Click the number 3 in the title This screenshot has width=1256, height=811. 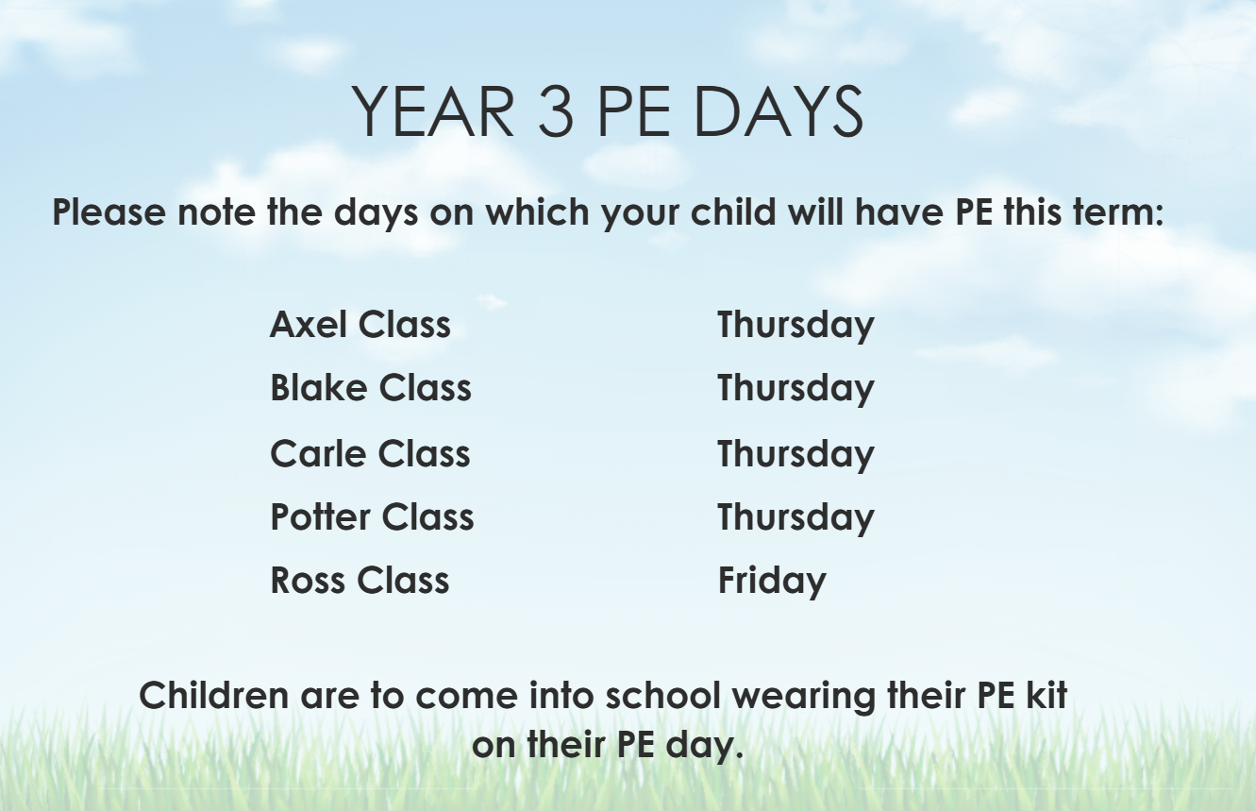[556, 110]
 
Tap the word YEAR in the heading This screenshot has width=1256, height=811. [433, 110]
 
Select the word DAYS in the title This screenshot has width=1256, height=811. [779, 110]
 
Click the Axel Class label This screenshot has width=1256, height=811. [360, 324]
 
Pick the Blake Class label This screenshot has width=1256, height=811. [371, 387]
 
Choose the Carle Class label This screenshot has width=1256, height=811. [370, 452]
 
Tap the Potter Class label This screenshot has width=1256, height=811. [373, 516]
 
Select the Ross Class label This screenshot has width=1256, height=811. [360, 580]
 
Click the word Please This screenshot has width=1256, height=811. [109, 211]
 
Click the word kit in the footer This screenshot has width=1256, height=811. [1047, 695]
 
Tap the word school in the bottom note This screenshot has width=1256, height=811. [662, 695]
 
